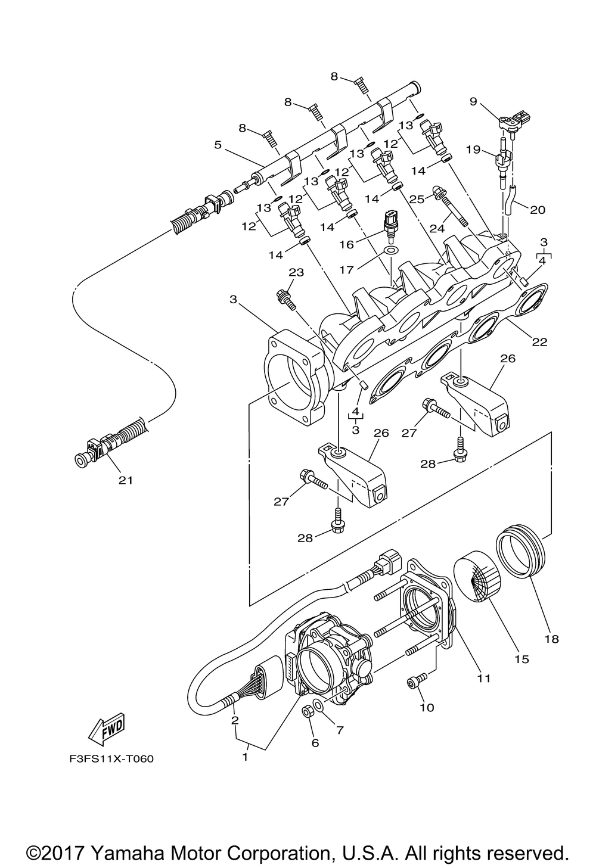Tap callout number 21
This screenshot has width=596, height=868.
(x=126, y=481)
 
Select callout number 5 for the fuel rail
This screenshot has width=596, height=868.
(x=218, y=145)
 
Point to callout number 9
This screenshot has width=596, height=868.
(x=473, y=101)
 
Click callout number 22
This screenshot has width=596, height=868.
(x=540, y=342)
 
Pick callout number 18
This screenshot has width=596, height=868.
(x=551, y=639)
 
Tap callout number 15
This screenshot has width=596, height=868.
(x=522, y=659)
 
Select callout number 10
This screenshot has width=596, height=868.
(x=427, y=708)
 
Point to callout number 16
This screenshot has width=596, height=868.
(x=347, y=244)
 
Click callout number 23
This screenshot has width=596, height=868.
(x=296, y=272)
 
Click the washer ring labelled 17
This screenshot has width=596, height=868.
(x=391, y=250)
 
